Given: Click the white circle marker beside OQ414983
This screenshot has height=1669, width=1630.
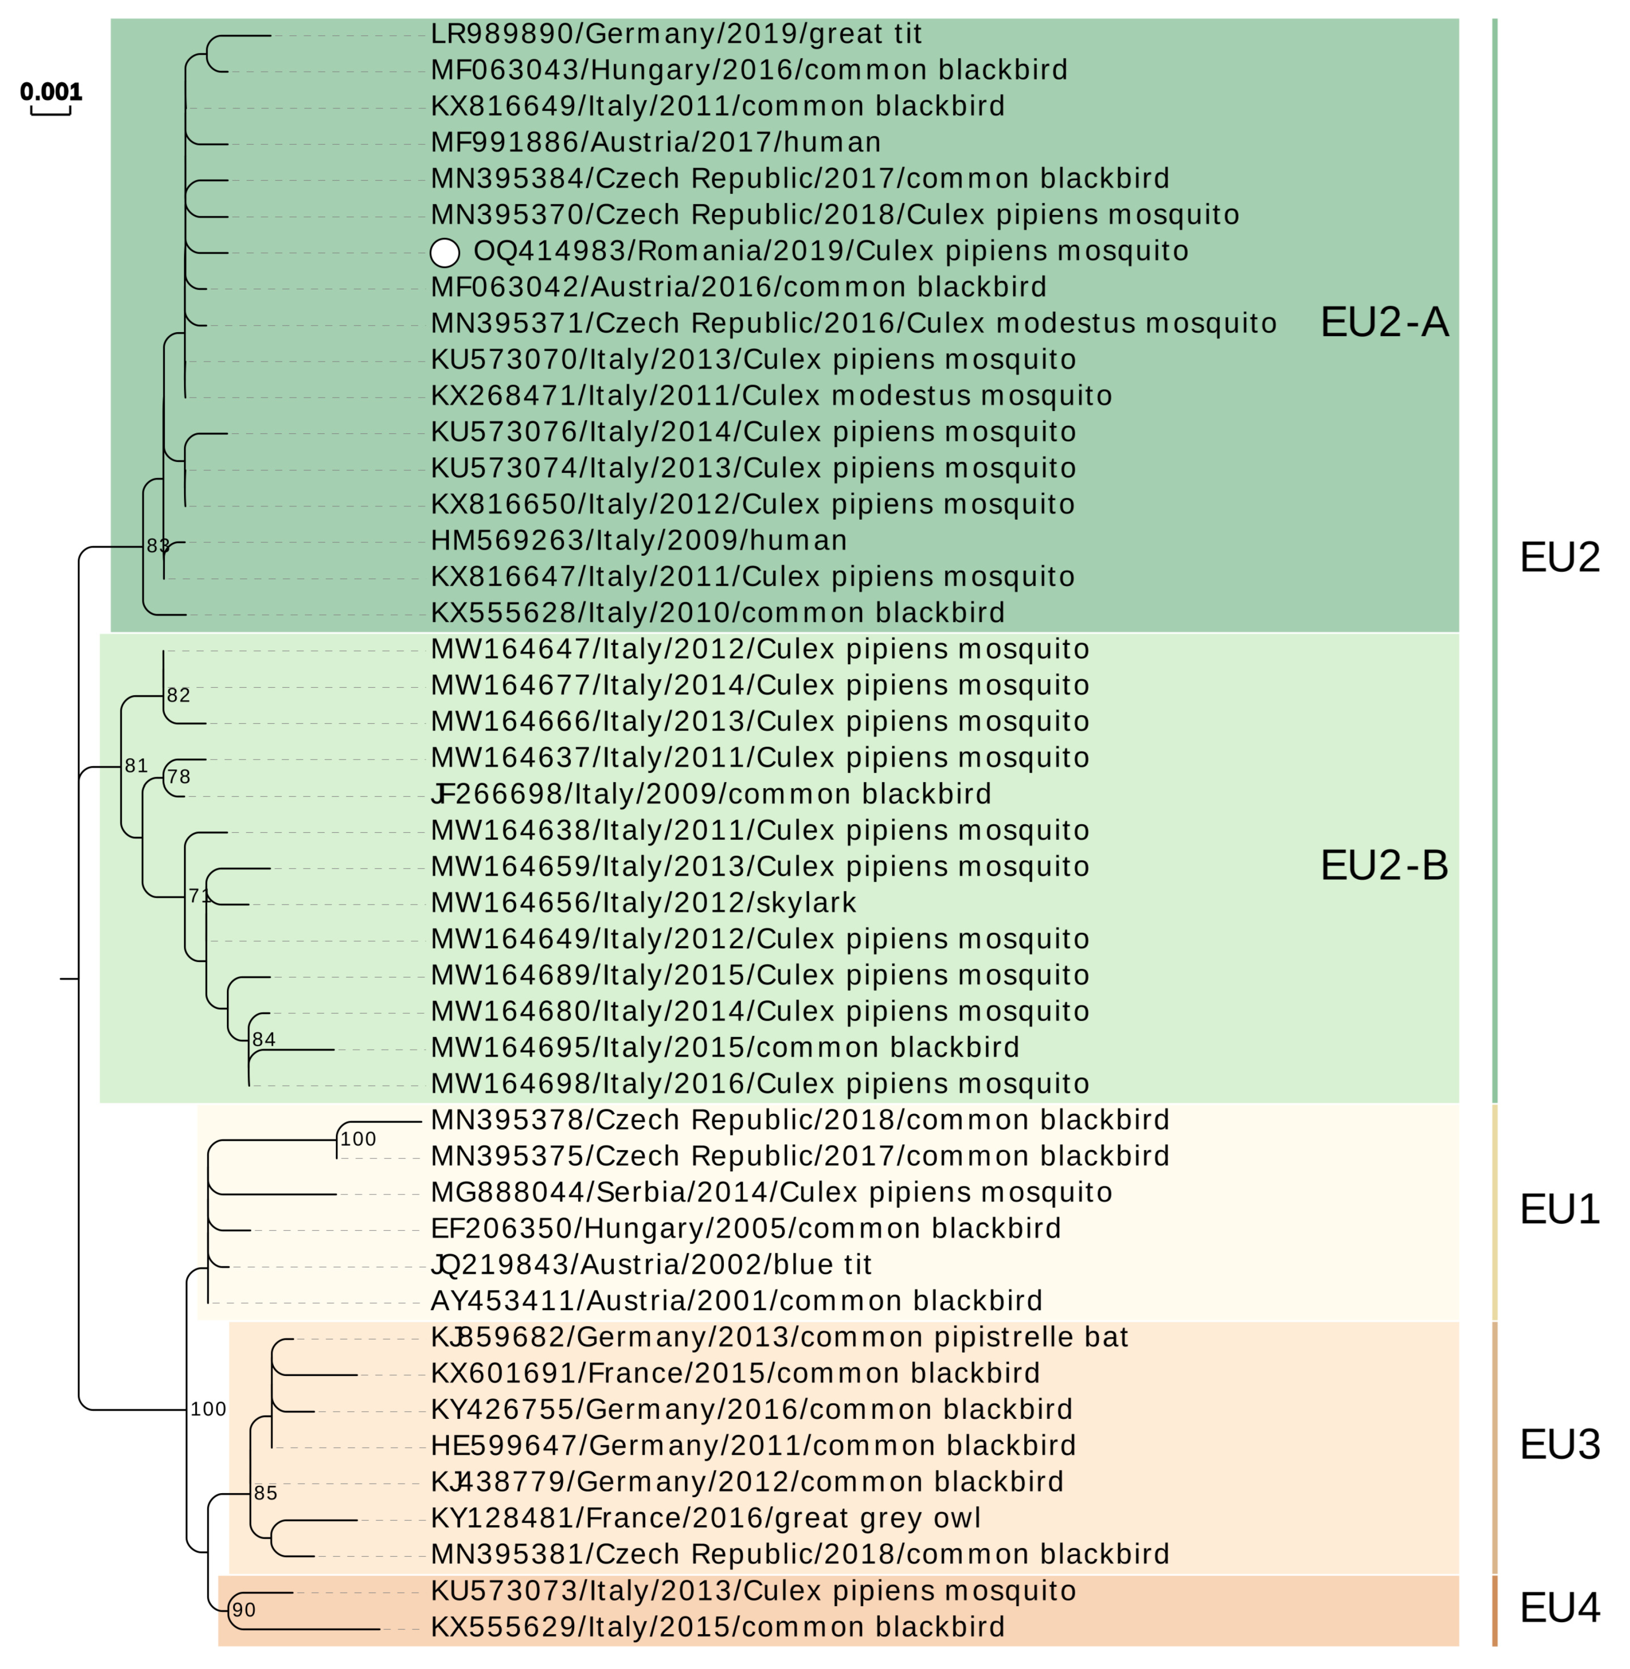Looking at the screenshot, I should point(444,253).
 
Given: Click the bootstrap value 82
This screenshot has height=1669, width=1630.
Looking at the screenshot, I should point(178,696).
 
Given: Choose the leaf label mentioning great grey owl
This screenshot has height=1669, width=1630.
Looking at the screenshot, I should point(705,1518).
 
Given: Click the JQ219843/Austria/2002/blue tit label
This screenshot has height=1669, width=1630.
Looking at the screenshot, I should point(651,1265).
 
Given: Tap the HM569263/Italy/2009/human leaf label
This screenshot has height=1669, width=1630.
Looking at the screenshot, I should point(639,541).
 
